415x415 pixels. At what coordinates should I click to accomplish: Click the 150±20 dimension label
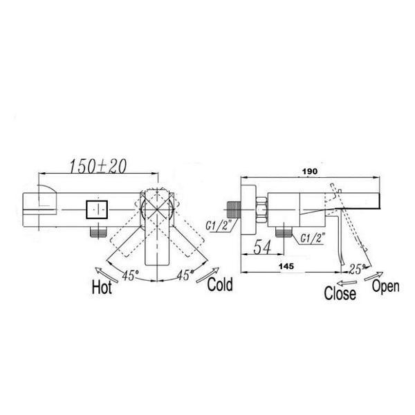(x=98, y=166)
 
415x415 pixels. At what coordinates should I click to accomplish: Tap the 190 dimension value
(x=310, y=172)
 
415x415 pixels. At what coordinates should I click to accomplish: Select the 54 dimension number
(x=262, y=247)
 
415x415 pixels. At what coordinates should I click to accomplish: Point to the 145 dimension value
(x=286, y=266)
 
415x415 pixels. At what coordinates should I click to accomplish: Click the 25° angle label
(x=358, y=269)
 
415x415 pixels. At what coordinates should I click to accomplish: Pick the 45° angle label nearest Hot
(x=131, y=275)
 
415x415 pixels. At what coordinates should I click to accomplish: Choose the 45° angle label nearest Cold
(x=185, y=275)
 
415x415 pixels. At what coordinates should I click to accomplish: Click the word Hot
(x=102, y=287)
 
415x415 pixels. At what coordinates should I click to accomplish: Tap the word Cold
(x=220, y=284)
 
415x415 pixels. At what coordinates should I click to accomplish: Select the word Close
(x=340, y=293)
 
